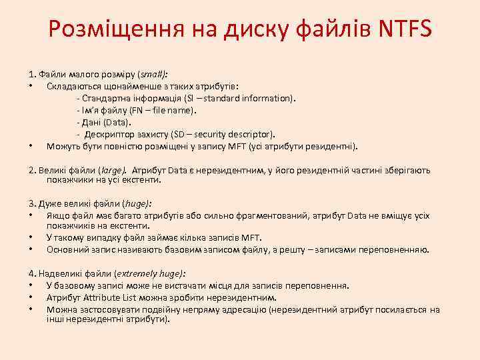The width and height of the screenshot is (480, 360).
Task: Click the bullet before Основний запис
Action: tap(31, 249)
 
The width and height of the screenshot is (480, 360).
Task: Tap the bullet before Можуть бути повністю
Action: tap(31, 146)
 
